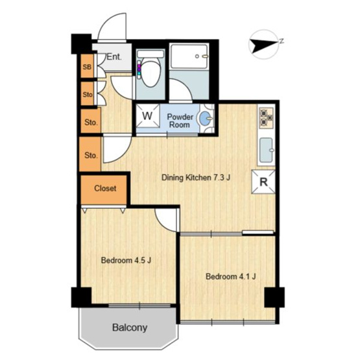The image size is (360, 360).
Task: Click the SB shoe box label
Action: [x=87, y=67]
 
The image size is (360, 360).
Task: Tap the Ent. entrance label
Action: [x=114, y=56]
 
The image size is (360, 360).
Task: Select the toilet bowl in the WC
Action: [x=150, y=73]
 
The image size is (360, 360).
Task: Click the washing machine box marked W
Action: [x=147, y=115]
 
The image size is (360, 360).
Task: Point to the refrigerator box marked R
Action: [x=263, y=182]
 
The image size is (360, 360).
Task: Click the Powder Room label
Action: [x=180, y=121]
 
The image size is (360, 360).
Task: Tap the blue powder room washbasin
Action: [x=206, y=118]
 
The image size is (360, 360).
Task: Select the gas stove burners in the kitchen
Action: [x=267, y=118]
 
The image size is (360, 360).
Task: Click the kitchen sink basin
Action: [x=267, y=150]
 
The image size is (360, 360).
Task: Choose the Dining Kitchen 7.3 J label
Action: [x=196, y=178]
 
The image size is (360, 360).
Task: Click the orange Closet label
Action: [x=105, y=189]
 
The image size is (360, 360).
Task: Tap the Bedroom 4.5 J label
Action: [x=126, y=260]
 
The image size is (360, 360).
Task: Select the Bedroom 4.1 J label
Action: [x=231, y=276]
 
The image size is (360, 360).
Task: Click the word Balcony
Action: [x=130, y=328]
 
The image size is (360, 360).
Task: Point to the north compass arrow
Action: [x=264, y=45]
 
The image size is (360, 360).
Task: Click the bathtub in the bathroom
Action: [x=189, y=56]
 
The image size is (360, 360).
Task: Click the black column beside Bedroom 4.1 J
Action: [x=274, y=297]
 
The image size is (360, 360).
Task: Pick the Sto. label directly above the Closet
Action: [x=91, y=155]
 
